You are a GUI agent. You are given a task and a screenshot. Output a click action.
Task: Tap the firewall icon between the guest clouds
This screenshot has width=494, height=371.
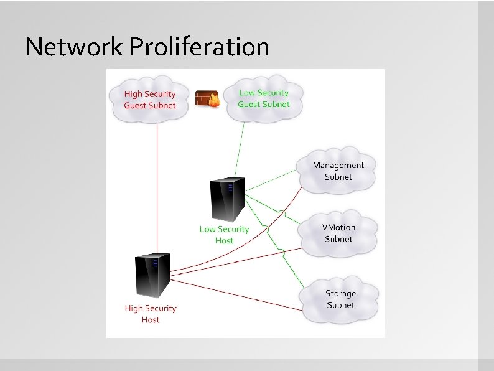pos(208,98)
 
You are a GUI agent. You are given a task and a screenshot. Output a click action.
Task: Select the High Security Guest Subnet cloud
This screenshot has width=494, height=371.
pos(150,100)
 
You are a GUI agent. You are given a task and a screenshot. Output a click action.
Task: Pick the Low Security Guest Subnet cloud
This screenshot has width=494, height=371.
pos(263,98)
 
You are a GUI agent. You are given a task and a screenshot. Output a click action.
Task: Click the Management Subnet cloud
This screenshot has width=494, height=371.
pos(338,171)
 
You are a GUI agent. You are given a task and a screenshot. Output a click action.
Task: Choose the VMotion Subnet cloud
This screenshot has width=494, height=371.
pos(338,233)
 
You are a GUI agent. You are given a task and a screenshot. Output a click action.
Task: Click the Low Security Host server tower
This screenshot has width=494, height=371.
pos(226,199)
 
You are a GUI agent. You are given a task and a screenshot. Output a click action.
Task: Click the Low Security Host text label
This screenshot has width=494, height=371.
pos(224,235)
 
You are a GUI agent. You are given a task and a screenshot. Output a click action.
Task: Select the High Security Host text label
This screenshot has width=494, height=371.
pos(151,314)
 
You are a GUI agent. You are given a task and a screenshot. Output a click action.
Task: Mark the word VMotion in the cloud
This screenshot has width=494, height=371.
pos(338,227)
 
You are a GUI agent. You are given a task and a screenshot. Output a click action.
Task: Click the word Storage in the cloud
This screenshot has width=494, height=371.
pos(340,293)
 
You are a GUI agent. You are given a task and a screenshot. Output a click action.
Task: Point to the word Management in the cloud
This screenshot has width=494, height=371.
pos(338,165)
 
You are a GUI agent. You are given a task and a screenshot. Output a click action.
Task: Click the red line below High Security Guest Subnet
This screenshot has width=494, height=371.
pos(157,187)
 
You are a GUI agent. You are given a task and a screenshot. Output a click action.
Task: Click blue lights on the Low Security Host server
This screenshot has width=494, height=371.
pos(230,187)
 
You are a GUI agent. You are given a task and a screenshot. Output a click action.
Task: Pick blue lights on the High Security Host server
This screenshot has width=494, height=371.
pos(155,263)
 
